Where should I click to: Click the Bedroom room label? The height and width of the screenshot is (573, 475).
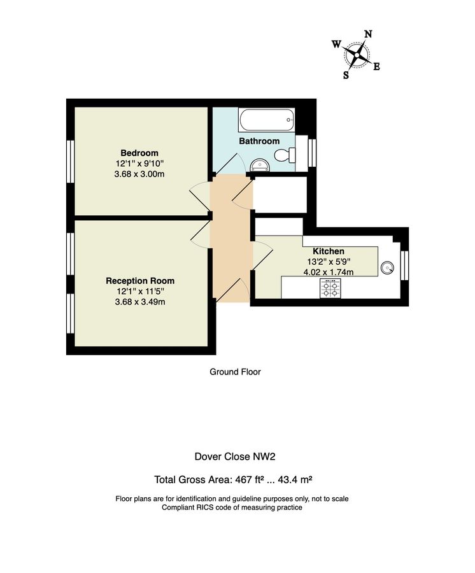[139, 153]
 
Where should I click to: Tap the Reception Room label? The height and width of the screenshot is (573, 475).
[140, 281]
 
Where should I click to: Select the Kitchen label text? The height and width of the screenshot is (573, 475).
[328, 251]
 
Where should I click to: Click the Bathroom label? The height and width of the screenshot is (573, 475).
[259, 141]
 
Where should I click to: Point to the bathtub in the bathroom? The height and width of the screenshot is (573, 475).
[266, 118]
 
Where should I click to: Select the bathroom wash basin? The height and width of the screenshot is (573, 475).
[260, 166]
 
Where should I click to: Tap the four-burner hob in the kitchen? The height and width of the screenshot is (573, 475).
[330, 290]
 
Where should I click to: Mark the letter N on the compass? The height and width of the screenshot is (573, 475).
[368, 34]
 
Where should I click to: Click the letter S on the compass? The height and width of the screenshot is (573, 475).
[346, 74]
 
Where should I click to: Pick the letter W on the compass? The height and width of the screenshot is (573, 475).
[336, 44]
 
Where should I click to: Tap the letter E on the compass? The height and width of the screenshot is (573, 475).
[376, 66]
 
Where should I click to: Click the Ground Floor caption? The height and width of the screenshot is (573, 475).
[235, 372]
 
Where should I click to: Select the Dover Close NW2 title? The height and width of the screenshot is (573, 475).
[234, 456]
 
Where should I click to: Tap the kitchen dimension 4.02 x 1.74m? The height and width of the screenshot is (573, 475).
[328, 272]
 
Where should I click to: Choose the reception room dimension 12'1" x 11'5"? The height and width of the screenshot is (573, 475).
[139, 292]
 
